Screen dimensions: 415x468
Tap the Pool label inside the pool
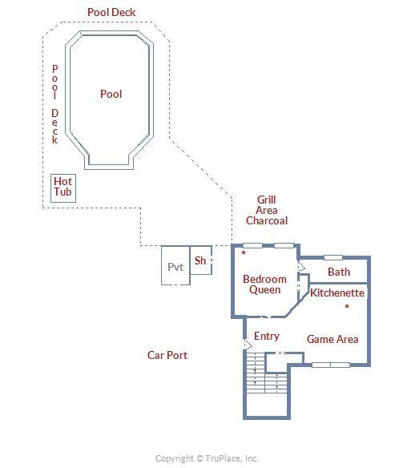[x=111, y=94]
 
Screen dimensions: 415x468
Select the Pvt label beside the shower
[x=175, y=267]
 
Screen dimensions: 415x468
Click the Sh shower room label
[x=200, y=260]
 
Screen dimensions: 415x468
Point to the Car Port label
[x=167, y=355]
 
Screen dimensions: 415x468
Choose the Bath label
[x=339, y=272]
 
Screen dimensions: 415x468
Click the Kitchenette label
[x=337, y=292]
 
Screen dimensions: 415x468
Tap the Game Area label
[x=332, y=339]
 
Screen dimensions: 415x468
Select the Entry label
[x=267, y=337]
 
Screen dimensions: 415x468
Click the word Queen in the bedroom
[x=265, y=290]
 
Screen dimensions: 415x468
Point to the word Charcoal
[x=267, y=220]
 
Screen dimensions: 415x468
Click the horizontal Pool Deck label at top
[x=111, y=12]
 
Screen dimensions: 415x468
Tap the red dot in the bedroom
[x=244, y=252]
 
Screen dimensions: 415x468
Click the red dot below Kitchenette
[x=347, y=306]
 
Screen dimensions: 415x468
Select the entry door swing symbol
[x=248, y=344]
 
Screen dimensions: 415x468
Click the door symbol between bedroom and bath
[x=300, y=267]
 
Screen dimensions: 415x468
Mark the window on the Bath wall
[x=333, y=257]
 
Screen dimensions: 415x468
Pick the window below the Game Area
[x=331, y=365]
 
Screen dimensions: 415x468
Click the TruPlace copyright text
[x=207, y=458]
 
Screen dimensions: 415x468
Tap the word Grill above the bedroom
[x=267, y=200]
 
